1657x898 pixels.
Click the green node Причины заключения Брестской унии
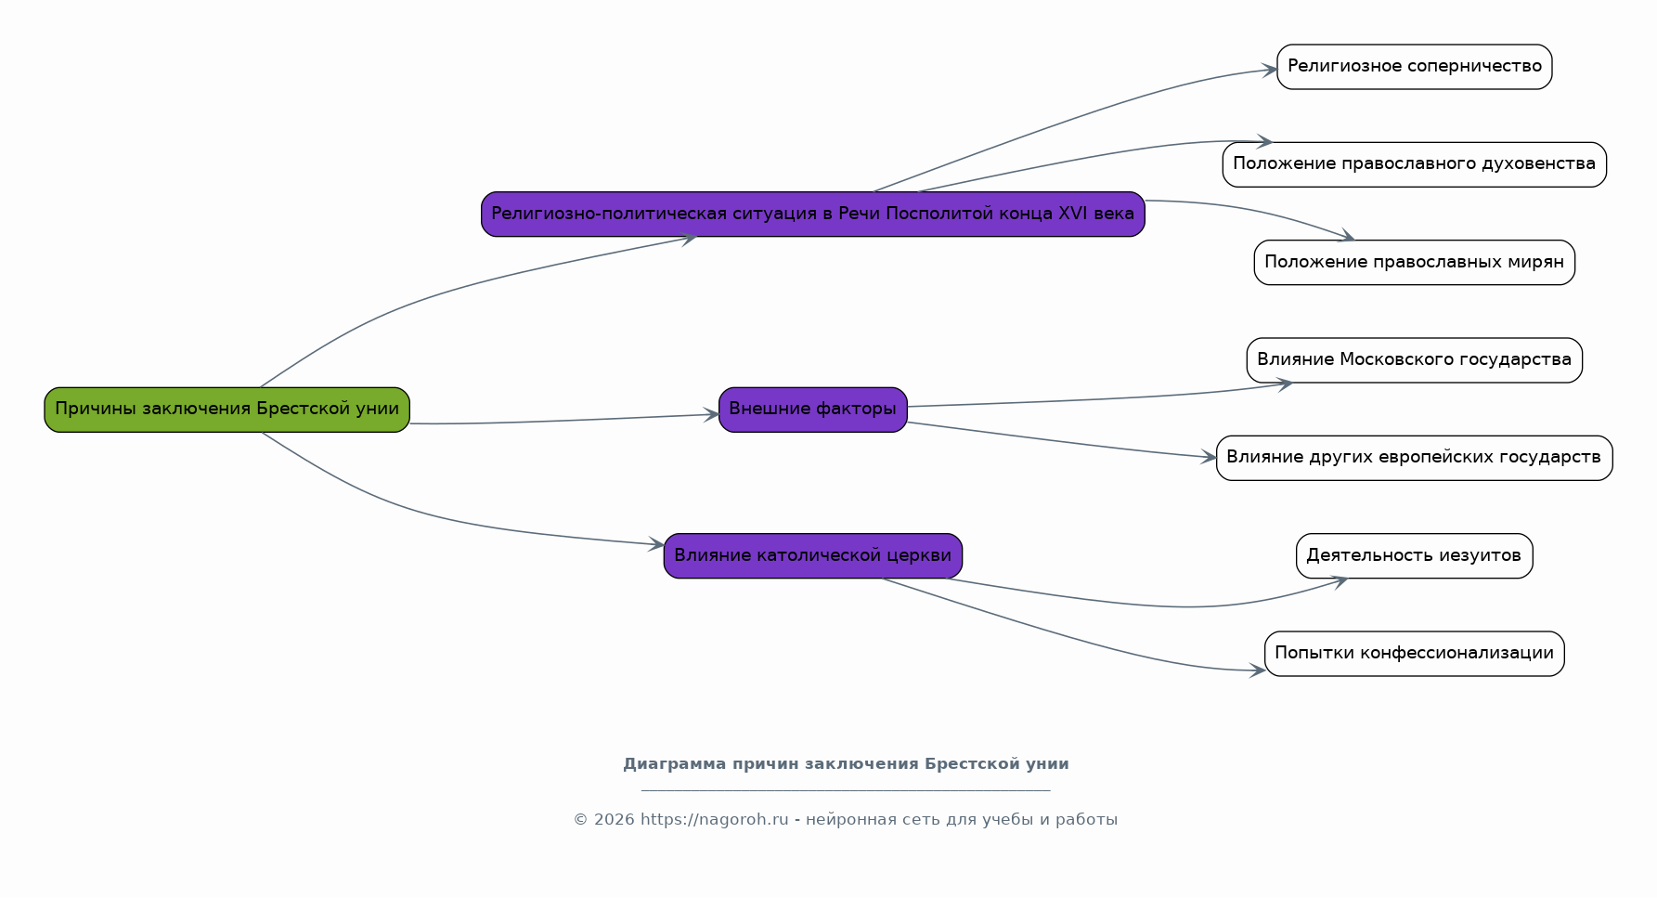click(227, 410)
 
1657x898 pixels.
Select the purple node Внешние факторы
click(812, 410)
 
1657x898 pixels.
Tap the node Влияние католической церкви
click(812, 555)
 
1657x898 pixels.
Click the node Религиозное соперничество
click(1414, 67)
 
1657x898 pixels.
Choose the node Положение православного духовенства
click(1414, 164)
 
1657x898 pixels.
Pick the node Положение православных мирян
click(1414, 262)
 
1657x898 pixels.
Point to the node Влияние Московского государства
click(1414, 360)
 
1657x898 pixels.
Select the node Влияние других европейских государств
click(1414, 458)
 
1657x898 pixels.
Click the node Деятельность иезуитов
click(1414, 555)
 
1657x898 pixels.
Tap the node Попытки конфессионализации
click(1414, 654)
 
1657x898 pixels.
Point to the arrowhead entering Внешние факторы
click(711, 415)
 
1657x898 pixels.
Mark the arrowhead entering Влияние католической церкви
click(656, 544)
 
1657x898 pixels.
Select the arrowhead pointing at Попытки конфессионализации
click(1257, 670)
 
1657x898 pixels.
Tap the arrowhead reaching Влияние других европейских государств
click(1208, 457)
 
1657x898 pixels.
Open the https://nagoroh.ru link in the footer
click(714, 820)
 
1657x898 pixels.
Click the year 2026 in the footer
click(614, 820)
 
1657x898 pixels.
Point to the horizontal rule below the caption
click(846, 790)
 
